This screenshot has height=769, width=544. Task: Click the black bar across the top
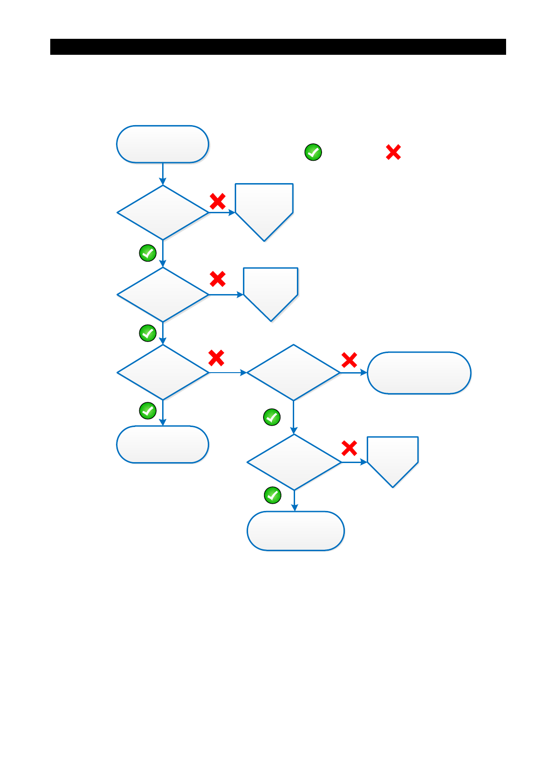coord(278,47)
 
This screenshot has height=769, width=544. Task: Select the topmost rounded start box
coord(163,144)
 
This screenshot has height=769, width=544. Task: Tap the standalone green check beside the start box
coord(313,152)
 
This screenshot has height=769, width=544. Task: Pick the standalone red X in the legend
coord(393,152)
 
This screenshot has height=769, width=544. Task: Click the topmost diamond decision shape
coord(163,212)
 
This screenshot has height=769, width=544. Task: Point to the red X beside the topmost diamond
coord(217,201)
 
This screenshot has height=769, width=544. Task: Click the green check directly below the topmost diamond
coord(148,253)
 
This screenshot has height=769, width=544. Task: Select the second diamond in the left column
coord(163,295)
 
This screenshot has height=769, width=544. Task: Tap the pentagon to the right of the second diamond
coord(271,291)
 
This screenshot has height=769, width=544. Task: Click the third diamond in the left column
coord(163,373)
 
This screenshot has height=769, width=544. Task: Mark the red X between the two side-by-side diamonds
coord(216,358)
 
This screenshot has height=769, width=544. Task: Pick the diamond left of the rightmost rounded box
coord(293,373)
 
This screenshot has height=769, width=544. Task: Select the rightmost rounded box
coord(419,373)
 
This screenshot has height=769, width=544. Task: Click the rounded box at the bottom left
coord(163,444)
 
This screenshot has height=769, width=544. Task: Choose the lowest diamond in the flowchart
coord(294,462)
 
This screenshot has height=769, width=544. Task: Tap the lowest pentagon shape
coord(393,458)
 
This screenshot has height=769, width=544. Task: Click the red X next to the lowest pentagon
coord(349,448)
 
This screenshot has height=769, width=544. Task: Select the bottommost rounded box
coord(296,531)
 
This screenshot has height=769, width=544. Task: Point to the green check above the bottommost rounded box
coord(273,495)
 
